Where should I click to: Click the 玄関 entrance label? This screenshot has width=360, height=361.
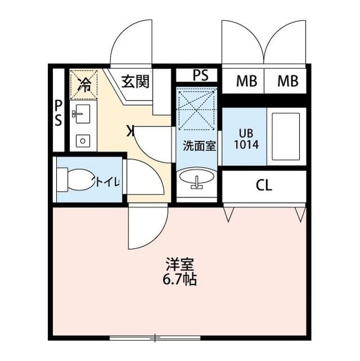click(135, 82)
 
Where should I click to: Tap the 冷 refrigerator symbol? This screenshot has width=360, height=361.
click(83, 85)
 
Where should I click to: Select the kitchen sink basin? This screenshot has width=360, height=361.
click(81, 114)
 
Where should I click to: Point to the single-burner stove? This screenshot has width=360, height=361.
click(83, 140)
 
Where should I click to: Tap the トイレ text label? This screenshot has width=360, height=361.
click(106, 182)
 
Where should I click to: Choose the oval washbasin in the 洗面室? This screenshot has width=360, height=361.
click(197, 178)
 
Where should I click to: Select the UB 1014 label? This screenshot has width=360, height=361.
click(246, 139)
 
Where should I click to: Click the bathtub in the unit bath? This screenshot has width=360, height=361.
click(286, 137)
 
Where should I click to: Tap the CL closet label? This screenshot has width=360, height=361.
click(264, 185)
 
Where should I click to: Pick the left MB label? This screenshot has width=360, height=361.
click(247, 81)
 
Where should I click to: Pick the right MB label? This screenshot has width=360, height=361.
click(288, 81)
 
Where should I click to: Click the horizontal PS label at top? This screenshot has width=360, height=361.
click(201, 75)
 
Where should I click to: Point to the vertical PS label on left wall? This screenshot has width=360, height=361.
click(59, 113)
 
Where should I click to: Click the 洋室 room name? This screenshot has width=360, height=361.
click(180, 265)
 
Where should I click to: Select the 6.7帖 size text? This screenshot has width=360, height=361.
click(180, 280)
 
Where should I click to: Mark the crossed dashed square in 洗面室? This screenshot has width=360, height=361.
click(196, 111)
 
